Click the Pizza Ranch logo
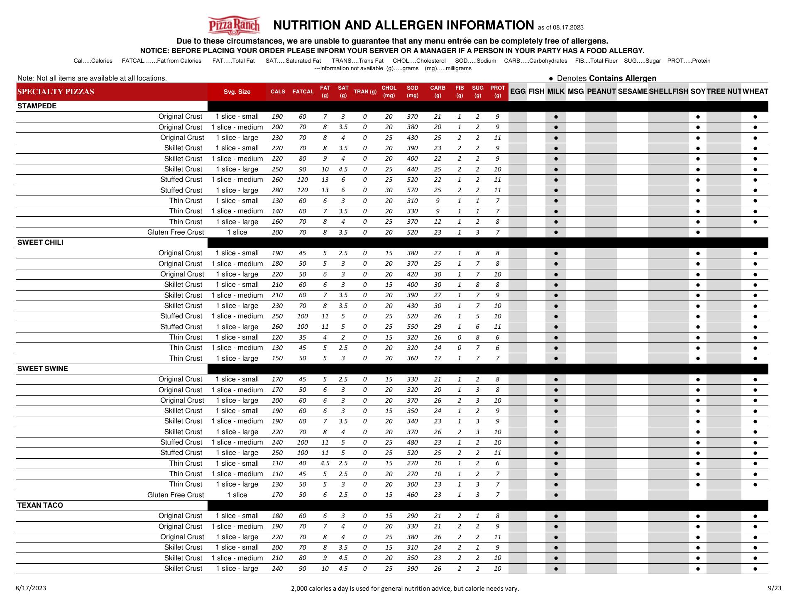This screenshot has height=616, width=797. pos(234,25)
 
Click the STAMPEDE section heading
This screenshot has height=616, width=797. pos(37,106)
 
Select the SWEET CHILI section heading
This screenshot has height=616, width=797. pos(40,242)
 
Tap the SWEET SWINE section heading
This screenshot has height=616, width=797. pos(42,369)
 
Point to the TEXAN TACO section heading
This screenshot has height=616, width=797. pos(40,505)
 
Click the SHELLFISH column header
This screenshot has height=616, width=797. pos(668,91)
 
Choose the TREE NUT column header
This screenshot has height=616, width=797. pos(724,91)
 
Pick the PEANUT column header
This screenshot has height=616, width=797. pos(601,91)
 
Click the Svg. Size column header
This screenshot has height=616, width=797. pos(237,92)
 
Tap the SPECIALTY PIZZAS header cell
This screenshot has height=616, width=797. pos(56,92)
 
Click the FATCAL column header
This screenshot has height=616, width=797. pos(303,92)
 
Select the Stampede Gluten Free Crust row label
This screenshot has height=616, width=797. pos(176,232)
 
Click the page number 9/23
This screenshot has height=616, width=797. pos(774,588)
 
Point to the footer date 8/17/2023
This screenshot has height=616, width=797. pos(31,588)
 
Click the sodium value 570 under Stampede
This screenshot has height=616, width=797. pos(412,190)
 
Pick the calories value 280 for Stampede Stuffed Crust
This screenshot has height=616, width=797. pos(277,190)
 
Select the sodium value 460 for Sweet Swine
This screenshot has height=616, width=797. pos(412,495)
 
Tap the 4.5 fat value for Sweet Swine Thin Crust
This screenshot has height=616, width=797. pos(325,463)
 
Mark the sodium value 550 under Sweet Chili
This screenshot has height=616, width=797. pos(412,327)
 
